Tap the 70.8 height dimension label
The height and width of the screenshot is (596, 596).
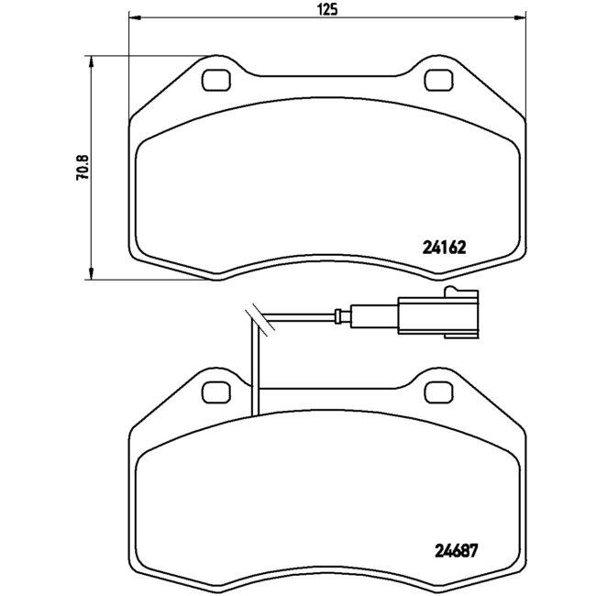pos(82,169)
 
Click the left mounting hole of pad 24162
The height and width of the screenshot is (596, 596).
pos(216,81)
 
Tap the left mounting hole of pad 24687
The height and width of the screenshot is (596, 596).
pos(216,392)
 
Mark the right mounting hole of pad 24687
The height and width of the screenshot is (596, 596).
pos(439,392)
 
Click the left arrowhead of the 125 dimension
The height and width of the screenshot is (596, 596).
pos(134,21)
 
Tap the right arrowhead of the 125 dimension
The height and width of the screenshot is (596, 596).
pos(521,21)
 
